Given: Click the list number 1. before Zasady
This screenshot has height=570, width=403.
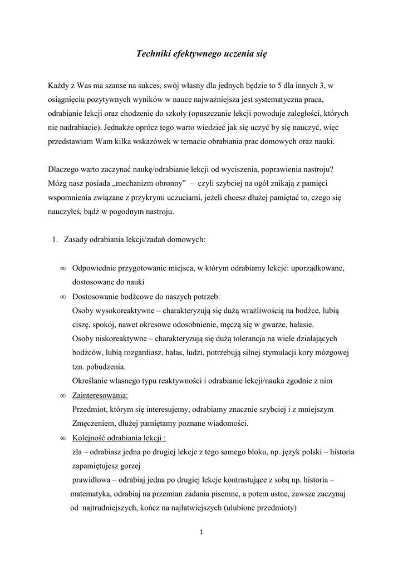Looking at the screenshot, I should click(x=55, y=240).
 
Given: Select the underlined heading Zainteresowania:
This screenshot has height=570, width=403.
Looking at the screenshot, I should click(x=100, y=395).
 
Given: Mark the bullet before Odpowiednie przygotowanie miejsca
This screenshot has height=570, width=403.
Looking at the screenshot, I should click(x=63, y=268).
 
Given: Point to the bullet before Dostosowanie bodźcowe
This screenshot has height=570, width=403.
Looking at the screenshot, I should click(x=63, y=297).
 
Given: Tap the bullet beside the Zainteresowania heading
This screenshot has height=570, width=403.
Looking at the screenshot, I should click(x=63, y=395).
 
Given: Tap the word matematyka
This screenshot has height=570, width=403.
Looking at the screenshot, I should click(x=90, y=494).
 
